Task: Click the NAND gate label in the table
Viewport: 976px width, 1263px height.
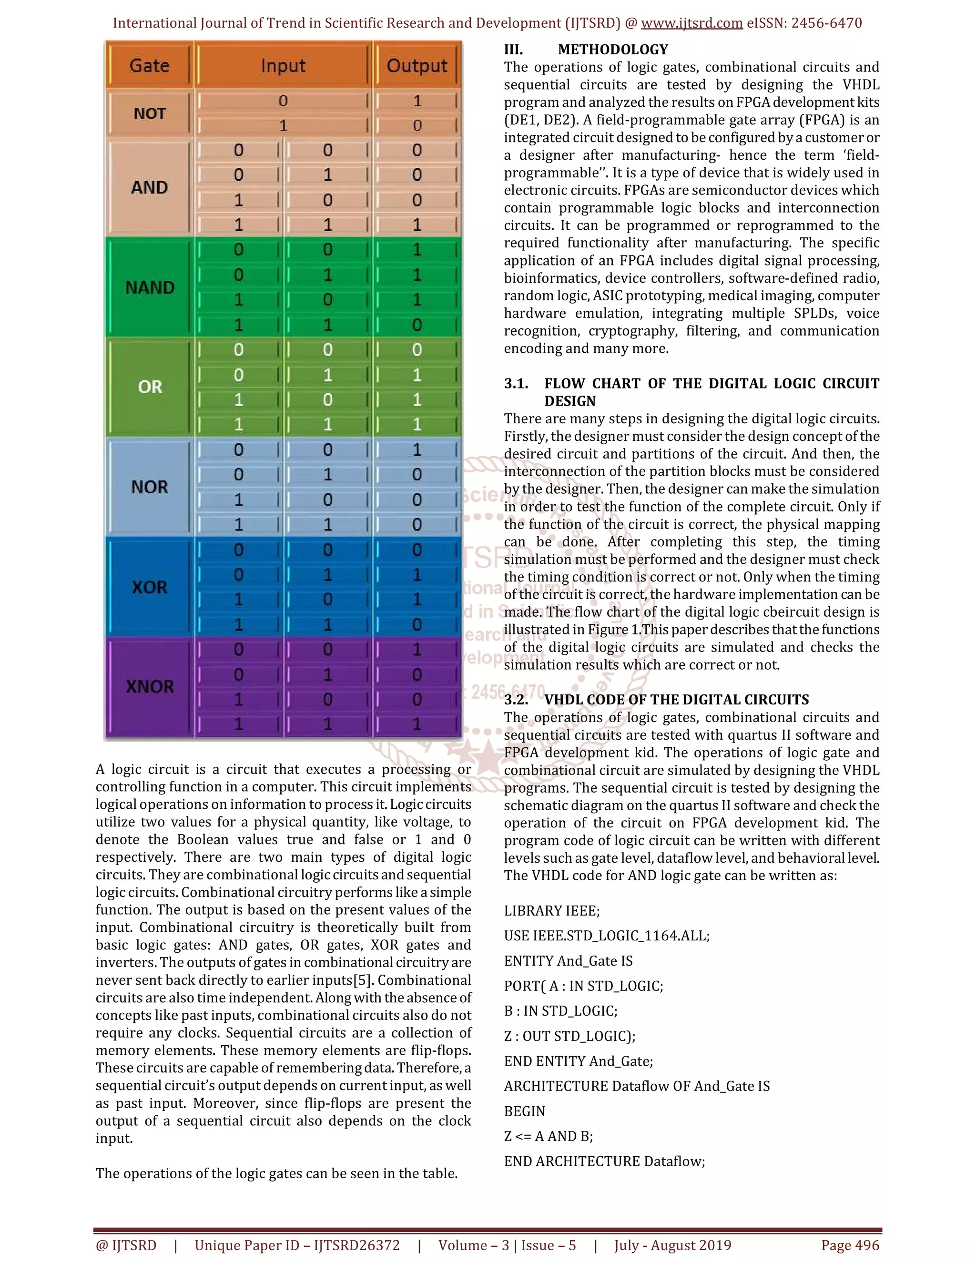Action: [150, 287]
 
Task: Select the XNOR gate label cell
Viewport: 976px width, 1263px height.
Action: [150, 686]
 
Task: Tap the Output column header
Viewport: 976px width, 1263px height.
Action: [417, 65]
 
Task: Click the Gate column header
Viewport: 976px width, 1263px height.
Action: [149, 65]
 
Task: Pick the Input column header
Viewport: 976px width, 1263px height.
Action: [283, 65]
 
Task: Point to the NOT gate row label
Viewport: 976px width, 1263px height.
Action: [150, 113]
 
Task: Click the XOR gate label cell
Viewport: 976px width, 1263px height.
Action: [150, 587]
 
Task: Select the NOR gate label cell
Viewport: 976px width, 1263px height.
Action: [150, 487]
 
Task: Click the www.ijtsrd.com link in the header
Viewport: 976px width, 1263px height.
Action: [691, 23]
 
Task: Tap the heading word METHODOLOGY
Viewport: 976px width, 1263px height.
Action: [613, 50]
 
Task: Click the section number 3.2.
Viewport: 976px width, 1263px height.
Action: [516, 700]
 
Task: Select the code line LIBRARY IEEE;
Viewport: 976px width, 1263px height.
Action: [551, 911]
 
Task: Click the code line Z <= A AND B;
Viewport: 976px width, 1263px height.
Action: [548, 1136]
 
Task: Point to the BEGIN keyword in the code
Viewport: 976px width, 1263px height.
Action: [524, 1111]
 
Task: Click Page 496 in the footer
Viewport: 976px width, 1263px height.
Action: [850, 1245]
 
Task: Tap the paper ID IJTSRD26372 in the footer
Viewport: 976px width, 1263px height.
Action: [357, 1245]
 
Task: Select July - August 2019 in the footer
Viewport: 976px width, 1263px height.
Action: [672, 1245]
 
